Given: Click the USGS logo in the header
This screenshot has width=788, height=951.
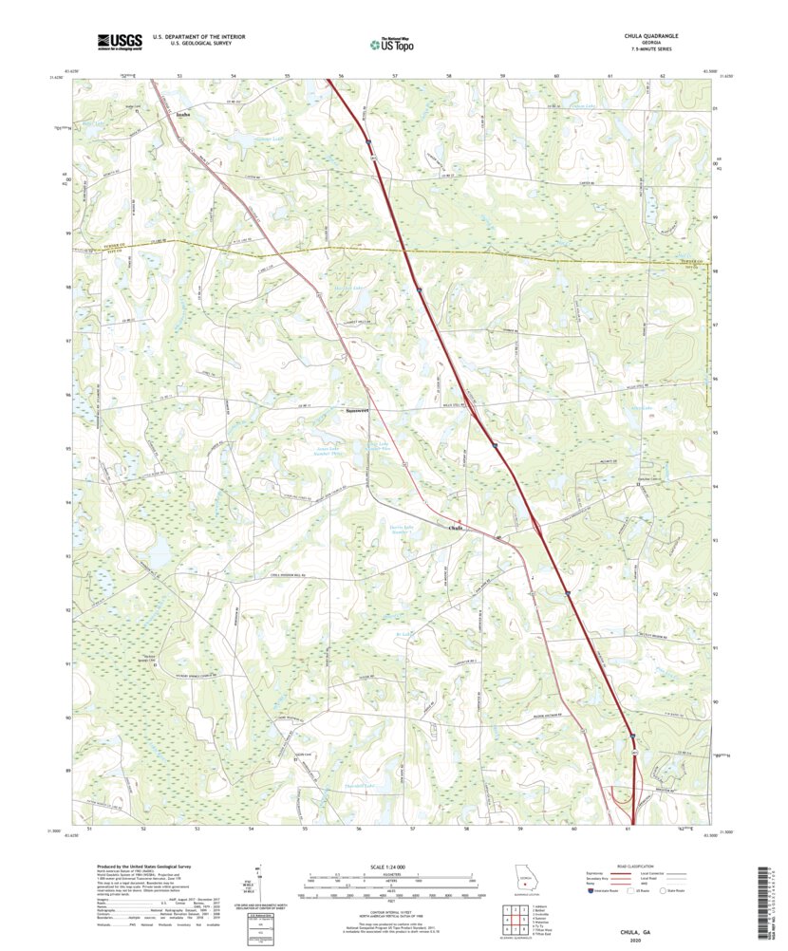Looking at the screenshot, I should point(120,41).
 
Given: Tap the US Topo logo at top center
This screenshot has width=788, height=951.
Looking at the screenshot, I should point(395,42).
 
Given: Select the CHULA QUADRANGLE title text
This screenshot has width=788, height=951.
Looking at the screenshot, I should point(650,35).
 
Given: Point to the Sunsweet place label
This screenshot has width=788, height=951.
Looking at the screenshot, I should point(357,410).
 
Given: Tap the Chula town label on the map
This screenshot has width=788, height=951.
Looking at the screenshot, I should point(456,528).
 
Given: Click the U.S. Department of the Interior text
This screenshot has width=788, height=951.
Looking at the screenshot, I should point(198,36).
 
